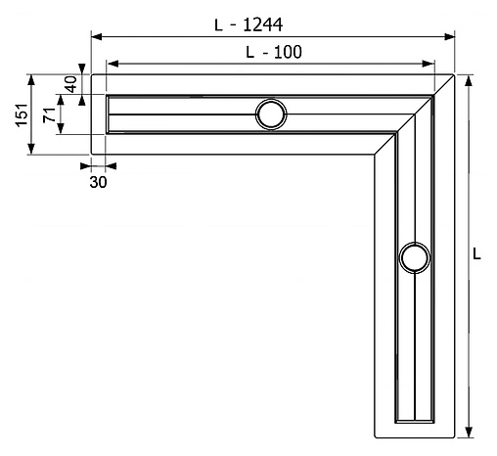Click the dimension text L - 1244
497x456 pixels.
[256, 24]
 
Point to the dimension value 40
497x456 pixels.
[70, 85]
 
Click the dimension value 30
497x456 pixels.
[98, 181]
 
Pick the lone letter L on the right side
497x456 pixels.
[476, 252]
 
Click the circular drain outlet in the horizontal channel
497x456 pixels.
[271, 114]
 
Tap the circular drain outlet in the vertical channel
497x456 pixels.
[414, 258]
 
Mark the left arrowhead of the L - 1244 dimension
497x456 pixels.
[96, 37]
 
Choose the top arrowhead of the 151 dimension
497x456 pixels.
[32, 79]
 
